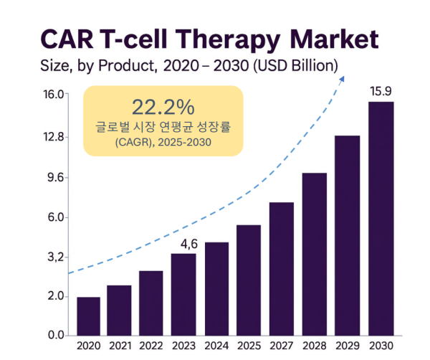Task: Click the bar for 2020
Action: pyautogui.click(x=88, y=316)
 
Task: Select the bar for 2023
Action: pyautogui.click(x=183, y=295)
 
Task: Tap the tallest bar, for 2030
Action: pyautogui.click(x=381, y=219)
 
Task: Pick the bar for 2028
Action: pyautogui.click(x=314, y=255)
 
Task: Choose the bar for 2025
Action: pyautogui.click(x=249, y=280)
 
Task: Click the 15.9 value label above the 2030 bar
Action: pyautogui.click(x=381, y=92)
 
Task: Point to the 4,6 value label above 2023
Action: pyautogui.click(x=188, y=244)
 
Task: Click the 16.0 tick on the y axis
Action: pyautogui.click(x=54, y=94)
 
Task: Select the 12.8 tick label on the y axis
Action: pyautogui.click(x=54, y=137)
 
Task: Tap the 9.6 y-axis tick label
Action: pyautogui.click(x=55, y=177)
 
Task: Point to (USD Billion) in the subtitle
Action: pyautogui.click(x=294, y=67)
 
